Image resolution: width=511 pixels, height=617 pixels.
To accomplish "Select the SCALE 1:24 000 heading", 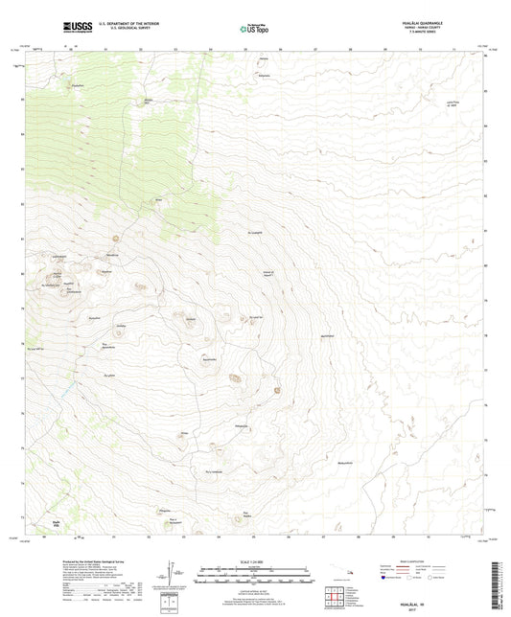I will [255, 560].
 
